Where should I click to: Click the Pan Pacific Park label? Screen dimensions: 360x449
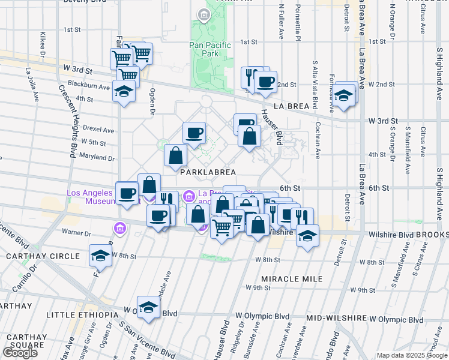click(211, 49)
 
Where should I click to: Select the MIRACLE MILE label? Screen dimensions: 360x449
click(292, 279)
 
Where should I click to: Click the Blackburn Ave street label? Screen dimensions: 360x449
click(89, 86)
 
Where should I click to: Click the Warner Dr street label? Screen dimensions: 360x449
click(76, 232)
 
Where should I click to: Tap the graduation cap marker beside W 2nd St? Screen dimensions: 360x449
click(345, 95)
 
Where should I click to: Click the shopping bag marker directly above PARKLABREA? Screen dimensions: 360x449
click(175, 155)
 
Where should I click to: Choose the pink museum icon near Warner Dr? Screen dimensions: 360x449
click(119, 228)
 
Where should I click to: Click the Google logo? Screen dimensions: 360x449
click(20, 353)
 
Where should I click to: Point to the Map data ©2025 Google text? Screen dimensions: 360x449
click(411, 355)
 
